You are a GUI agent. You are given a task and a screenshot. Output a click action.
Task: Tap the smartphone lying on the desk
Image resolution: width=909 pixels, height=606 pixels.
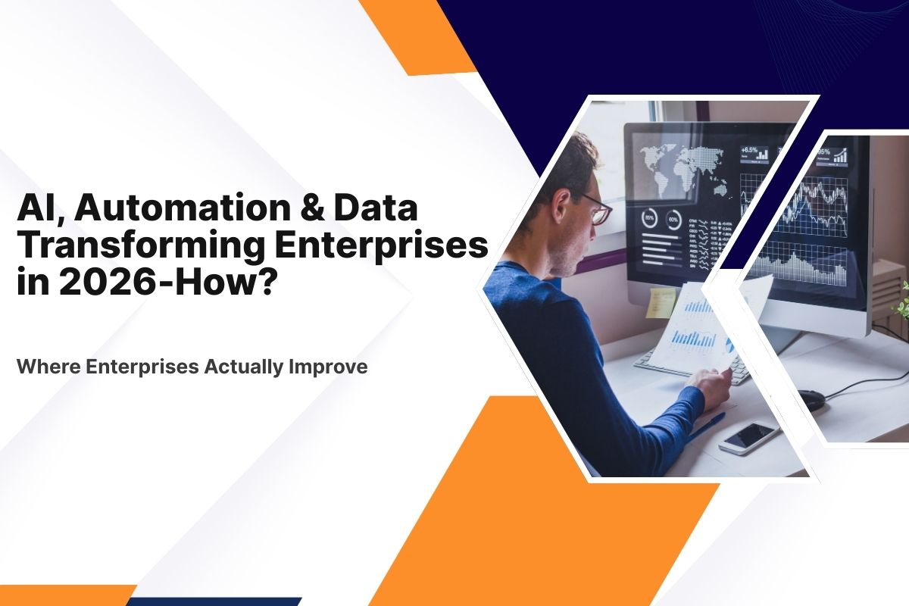tap(748, 437)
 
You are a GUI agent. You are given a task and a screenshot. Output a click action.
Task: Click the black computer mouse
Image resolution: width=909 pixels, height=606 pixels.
tap(812, 399)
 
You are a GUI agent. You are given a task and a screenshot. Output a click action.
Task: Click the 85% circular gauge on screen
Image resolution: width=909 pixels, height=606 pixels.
tap(650, 219)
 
